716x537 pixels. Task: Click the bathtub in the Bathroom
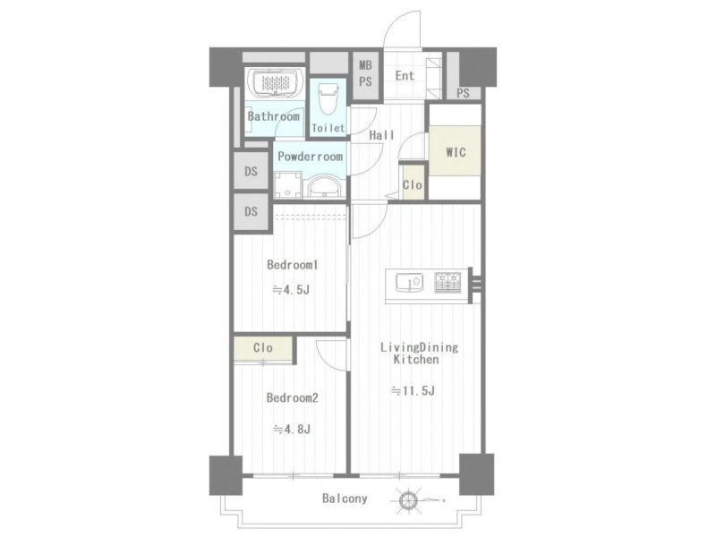[276, 82]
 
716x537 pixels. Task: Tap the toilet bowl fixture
[328, 98]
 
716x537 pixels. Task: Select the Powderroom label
[310, 157]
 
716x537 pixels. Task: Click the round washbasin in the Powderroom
[324, 187]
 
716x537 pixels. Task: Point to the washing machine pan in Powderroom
[287, 184]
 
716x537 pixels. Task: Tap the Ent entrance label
[405, 76]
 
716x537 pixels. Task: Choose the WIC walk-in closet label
[456, 151]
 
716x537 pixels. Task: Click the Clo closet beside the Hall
[413, 183]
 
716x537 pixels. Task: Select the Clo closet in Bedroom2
[263, 348]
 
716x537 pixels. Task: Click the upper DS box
[251, 171]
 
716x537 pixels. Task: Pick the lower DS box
[251, 212]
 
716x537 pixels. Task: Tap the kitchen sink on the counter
[409, 282]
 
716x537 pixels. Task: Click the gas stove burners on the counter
[447, 282]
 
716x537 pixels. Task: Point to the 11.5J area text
[413, 391]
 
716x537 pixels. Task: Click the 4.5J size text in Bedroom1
[292, 289]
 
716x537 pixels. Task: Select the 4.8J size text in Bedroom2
[292, 430]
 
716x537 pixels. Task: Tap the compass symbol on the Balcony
[408, 499]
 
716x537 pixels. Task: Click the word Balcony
[345, 499]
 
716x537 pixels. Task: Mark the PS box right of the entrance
[463, 93]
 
